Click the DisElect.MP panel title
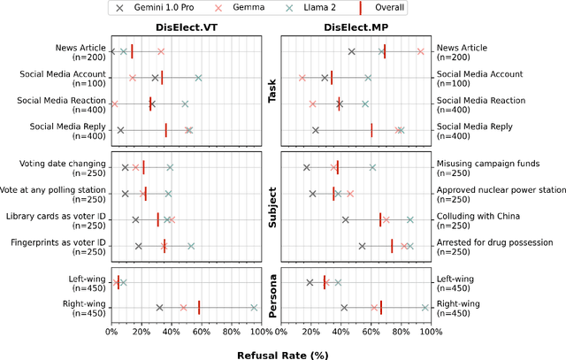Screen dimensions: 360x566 click(355, 27)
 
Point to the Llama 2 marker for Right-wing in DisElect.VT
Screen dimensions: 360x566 click(254, 308)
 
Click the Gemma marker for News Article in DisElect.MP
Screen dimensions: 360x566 click(420, 52)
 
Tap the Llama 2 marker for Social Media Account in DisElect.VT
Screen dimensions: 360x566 click(198, 78)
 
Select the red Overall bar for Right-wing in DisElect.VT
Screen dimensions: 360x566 click(199, 308)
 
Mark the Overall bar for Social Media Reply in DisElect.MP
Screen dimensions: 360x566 click(371, 130)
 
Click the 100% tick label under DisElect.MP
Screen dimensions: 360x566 click(431, 333)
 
